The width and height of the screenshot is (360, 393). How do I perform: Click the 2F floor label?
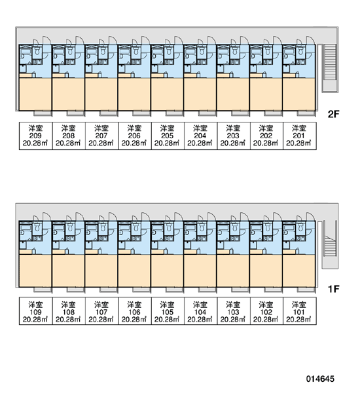(333, 114)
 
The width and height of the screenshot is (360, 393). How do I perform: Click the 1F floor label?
(333, 289)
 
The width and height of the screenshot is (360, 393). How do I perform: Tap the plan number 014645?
(320, 379)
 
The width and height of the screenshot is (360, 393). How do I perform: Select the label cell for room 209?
(35, 136)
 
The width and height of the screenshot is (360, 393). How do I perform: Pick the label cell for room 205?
(168, 136)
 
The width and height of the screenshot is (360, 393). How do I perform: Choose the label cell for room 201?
(299, 136)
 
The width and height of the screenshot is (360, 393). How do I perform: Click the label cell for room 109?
(35, 311)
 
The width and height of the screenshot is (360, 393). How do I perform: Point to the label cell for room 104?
(200, 311)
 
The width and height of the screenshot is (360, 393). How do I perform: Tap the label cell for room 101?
(299, 311)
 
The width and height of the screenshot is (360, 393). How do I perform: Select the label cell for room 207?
(101, 136)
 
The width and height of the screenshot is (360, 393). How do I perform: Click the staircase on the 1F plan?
(330, 244)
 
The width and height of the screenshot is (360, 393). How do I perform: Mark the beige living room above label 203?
(233, 94)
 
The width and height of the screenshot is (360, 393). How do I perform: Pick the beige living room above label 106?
(134, 271)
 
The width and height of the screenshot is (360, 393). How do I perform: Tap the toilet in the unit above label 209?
(37, 52)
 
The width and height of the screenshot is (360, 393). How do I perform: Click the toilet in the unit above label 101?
(300, 228)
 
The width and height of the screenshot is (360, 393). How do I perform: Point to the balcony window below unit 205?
(174, 113)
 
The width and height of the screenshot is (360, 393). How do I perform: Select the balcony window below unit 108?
(76, 290)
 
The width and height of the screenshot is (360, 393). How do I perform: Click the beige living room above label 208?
(68, 94)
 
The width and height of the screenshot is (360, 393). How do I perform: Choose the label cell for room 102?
(266, 311)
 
